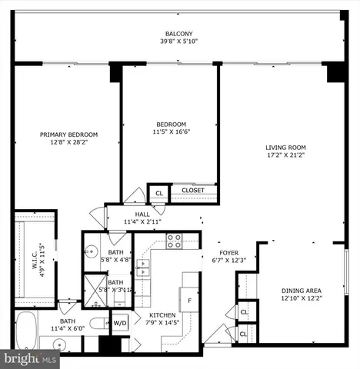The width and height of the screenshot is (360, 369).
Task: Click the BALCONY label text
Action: tap(179, 34)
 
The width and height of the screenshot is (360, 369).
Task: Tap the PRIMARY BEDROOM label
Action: tap(68, 134)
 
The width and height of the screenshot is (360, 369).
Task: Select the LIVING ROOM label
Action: tap(285, 148)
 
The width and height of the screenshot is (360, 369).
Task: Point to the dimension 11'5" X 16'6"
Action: tap(172, 132)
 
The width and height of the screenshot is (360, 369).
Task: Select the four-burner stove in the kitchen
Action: tap(174, 242)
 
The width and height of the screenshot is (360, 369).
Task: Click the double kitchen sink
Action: tap(143, 268)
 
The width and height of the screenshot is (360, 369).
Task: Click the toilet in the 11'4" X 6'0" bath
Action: tap(98, 324)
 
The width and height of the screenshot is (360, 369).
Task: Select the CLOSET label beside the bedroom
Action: tap(192, 191)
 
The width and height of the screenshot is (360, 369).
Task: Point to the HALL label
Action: tap(143, 214)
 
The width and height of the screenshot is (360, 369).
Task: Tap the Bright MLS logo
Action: tap(31, 358)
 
